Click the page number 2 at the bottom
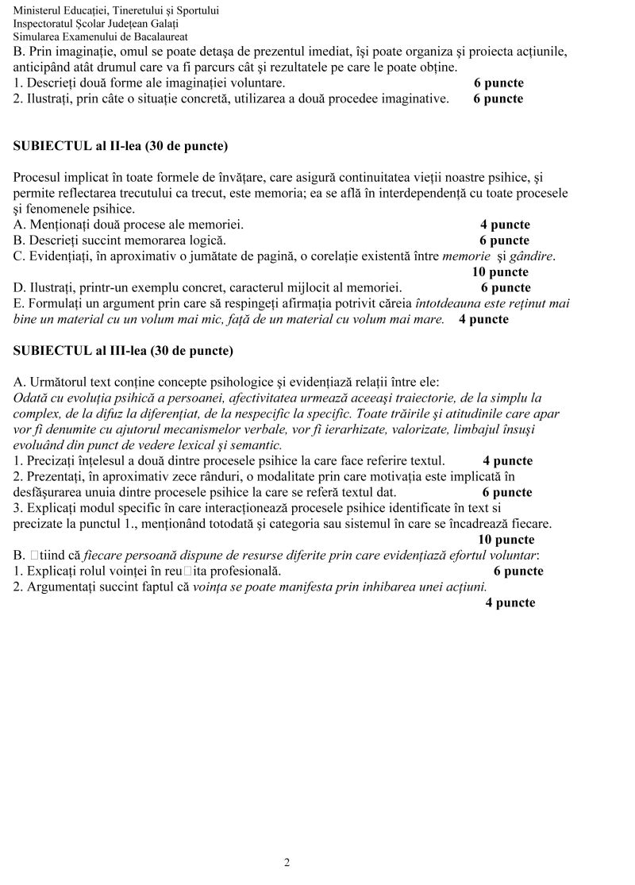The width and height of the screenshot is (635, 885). [287, 863]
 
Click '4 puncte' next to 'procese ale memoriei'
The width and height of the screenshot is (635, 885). [505, 225]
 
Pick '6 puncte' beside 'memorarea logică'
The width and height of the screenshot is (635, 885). [504, 240]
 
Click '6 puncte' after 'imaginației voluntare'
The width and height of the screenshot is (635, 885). [498, 83]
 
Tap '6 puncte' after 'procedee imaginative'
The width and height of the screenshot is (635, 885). [498, 98]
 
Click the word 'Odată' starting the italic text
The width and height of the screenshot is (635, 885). [30, 398]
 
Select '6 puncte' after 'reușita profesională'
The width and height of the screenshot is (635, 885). [518, 571]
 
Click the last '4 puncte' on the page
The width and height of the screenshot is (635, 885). [510, 603]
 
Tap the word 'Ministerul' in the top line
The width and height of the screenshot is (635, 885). [38, 11]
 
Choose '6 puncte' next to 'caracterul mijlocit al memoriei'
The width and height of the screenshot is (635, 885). [506, 288]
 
